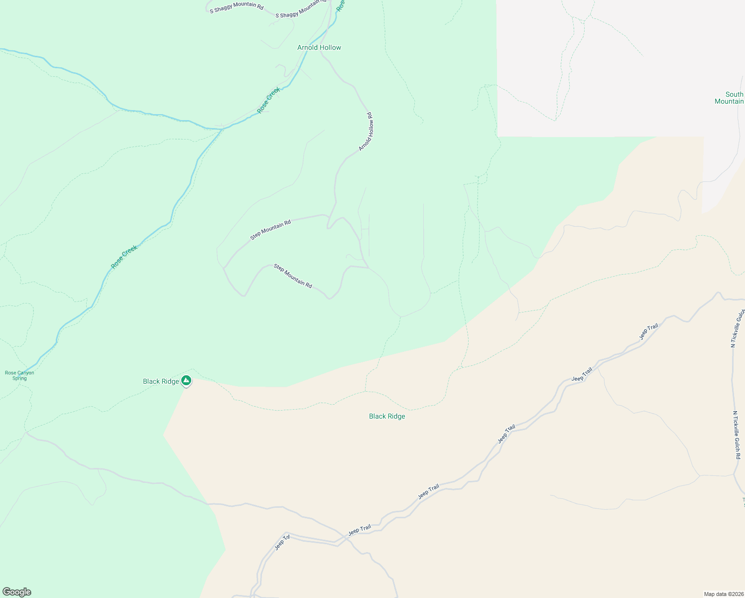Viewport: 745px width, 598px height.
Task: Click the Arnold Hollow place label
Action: pyautogui.click(x=319, y=48)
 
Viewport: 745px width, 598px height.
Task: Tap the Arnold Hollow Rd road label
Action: pyautogui.click(x=366, y=132)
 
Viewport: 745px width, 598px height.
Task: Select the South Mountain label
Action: pyautogui.click(x=730, y=98)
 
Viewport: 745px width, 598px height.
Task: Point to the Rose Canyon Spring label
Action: pyautogui.click(x=19, y=375)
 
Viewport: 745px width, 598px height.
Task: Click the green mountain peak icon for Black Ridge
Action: pyautogui.click(x=186, y=381)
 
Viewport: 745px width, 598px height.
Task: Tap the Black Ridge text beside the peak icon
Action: pyautogui.click(x=160, y=382)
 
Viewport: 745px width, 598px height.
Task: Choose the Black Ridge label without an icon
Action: pyautogui.click(x=387, y=417)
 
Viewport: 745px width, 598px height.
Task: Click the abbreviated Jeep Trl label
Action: pyautogui.click(x=282, y=543)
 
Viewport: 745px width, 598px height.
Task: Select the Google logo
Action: pyautogui.click(x=16, y=592)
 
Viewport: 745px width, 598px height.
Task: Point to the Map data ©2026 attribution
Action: pyautogui.click(x=723, y=594)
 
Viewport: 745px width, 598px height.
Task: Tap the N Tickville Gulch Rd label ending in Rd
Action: pyautogui.click(x=737, y=436)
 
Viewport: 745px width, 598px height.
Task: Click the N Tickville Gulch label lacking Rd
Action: pyautogui.click(x=738, y=328)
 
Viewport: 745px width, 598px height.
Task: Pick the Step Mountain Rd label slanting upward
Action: pyautogui.click(x=270, y=230)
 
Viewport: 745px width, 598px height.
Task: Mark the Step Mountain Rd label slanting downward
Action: pyautogui.click(x=293, y=276)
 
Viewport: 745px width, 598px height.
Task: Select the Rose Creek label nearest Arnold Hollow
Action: pyautogui.click(x=269, y=100)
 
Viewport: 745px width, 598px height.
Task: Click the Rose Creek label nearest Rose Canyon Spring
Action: pyautogui.click(x=124, y=257)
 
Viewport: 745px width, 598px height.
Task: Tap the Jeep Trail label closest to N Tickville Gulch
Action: pyautogui.click(x=649, y=332)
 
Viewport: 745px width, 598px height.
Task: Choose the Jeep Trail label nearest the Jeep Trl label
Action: pyautogui.click(x=360, y=530)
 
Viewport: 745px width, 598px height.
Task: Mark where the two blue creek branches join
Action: pyautogui.click(x=222, y=129)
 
